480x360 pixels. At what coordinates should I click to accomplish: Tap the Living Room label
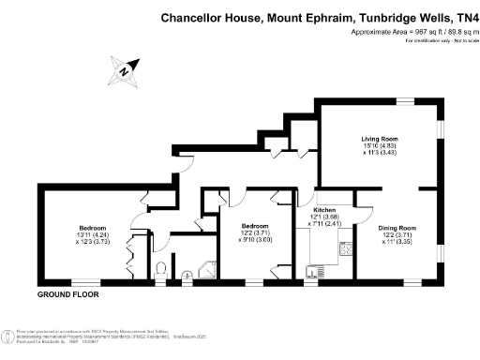(381, 138)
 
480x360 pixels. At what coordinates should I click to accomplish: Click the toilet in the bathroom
(161, 272)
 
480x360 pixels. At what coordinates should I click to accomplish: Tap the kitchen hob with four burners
(344, 249)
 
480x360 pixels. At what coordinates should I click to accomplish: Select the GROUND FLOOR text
(67, 294)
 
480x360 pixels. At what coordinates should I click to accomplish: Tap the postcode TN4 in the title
(464, 16)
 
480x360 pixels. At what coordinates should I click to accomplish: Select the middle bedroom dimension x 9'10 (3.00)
(255, 241)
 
